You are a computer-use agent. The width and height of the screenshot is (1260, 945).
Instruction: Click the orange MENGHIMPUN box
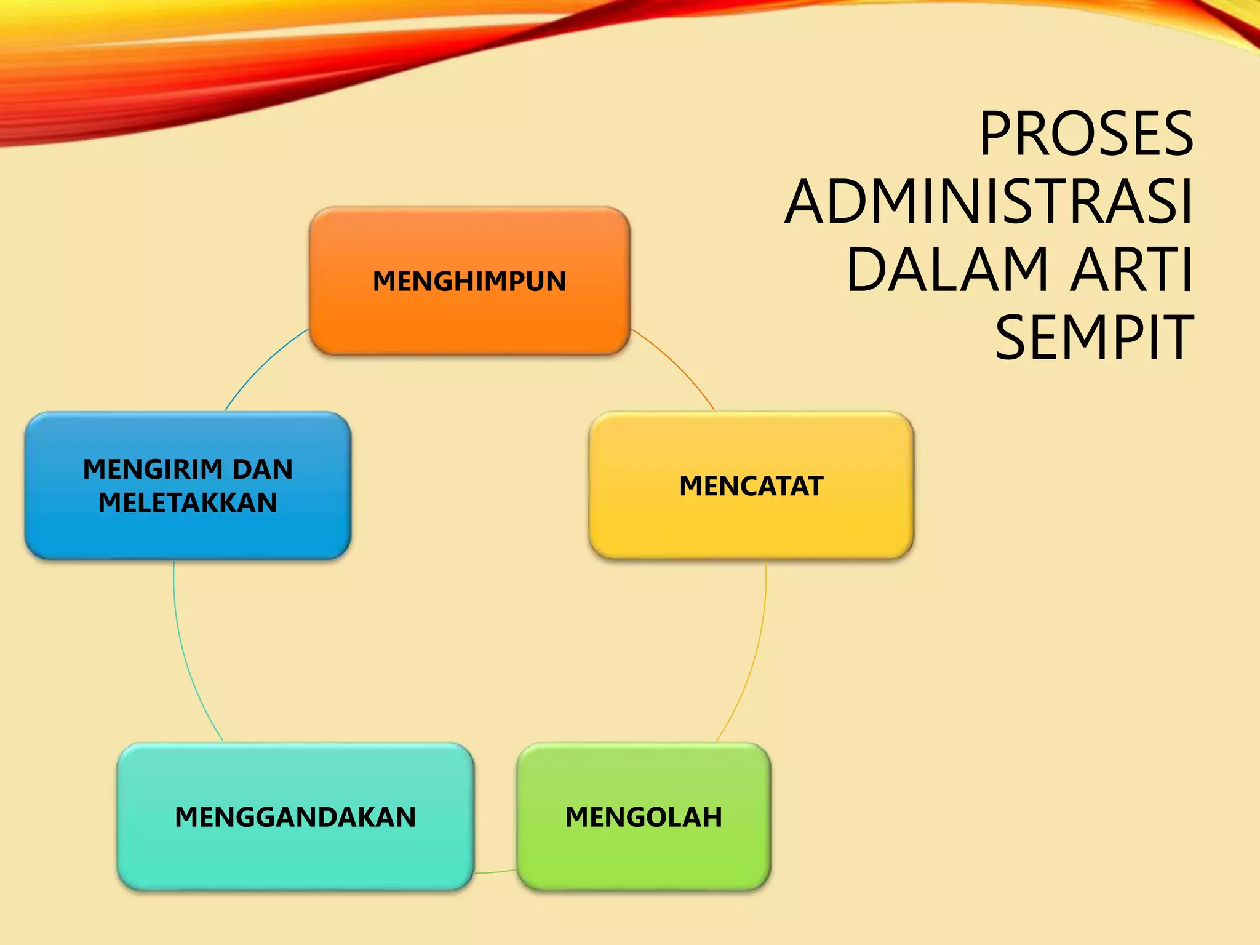coord(469,320)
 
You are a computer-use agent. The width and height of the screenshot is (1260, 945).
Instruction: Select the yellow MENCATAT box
coord(751,523)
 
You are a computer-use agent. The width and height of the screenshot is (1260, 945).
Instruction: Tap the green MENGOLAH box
coord(644,855)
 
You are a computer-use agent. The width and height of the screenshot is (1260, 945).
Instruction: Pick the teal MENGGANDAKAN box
coord(295,855)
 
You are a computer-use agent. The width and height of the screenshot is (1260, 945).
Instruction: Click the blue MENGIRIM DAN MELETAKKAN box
coord(188,535)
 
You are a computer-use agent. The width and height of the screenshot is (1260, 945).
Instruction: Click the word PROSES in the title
coord(1086,134)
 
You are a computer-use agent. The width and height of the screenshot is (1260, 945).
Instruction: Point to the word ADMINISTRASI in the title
coord(989,202)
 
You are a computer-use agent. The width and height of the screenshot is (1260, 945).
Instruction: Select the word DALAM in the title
coord(947,269)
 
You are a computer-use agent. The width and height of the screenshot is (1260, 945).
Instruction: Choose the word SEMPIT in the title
coord(1095,337)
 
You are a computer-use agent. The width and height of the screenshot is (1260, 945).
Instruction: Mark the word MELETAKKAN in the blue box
coord(188,503)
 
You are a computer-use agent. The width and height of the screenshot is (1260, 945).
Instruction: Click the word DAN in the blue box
coord(263,469)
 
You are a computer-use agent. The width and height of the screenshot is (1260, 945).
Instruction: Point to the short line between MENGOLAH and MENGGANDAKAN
coord(495,872)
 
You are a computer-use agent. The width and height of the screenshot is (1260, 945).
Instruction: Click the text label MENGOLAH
coord(644,817)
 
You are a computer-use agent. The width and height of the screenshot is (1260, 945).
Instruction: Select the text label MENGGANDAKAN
coord(295,817)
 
